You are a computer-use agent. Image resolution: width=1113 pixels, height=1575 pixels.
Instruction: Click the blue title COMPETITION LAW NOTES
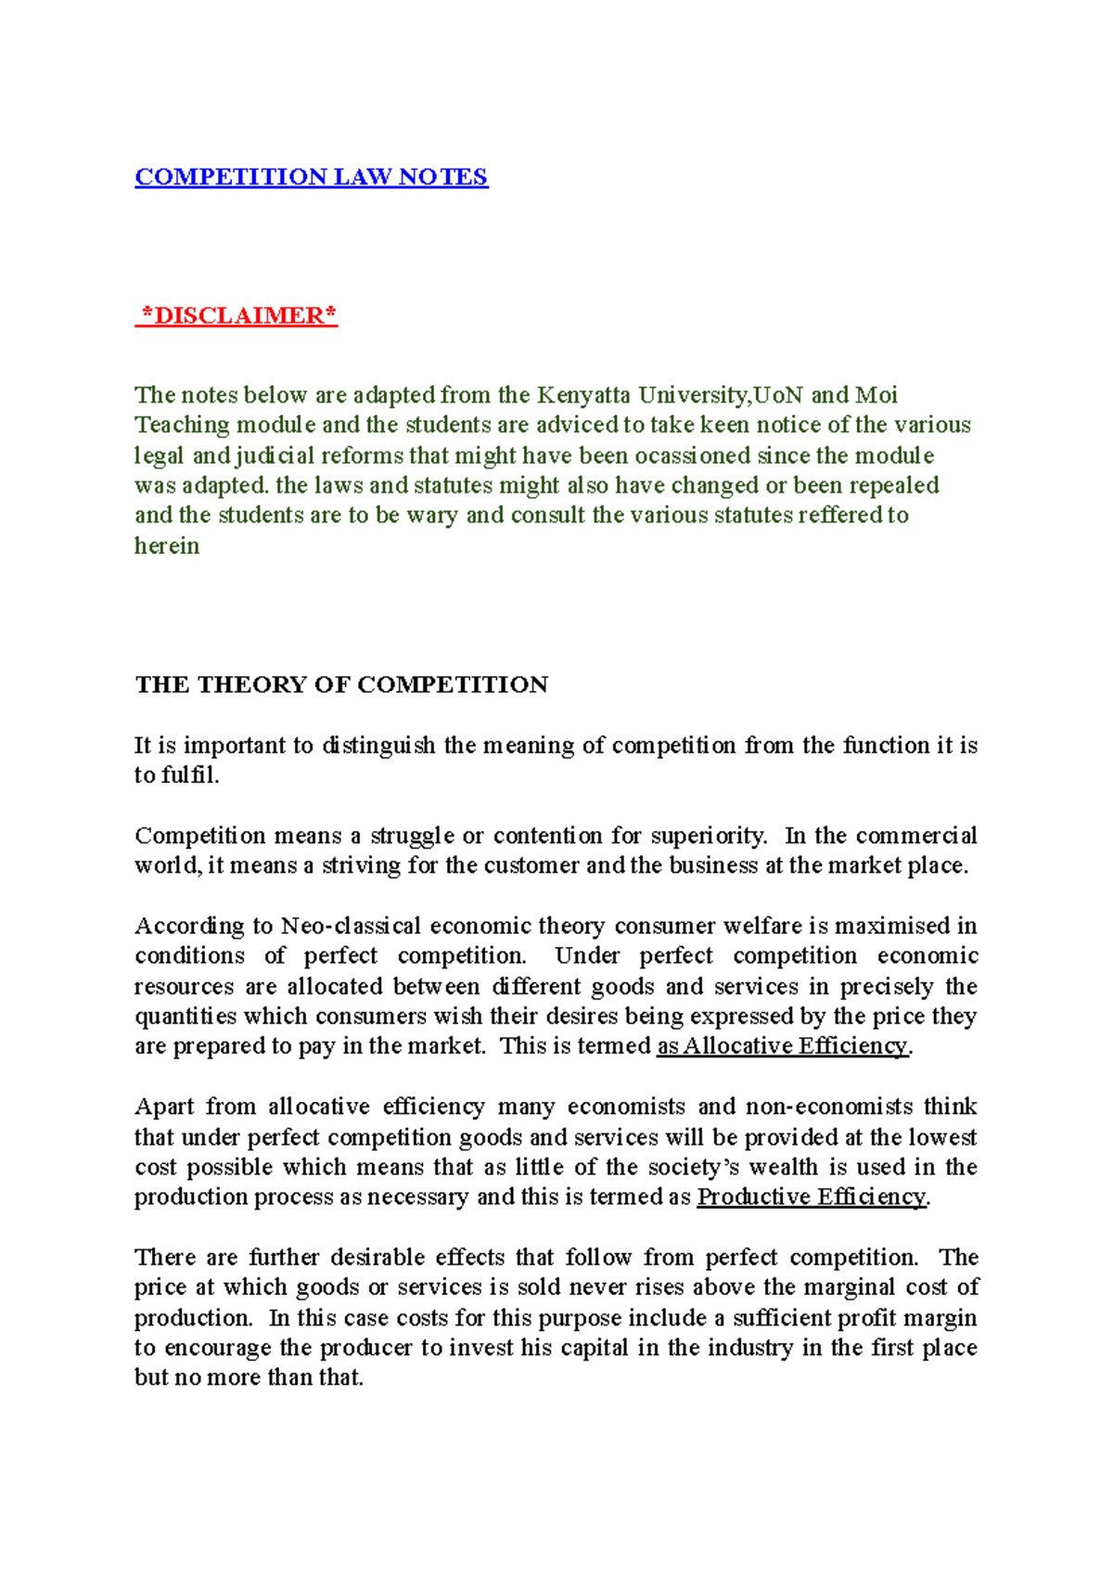tap(311, 176)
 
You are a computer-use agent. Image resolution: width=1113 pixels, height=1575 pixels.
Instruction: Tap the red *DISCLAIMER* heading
tap(237, 315)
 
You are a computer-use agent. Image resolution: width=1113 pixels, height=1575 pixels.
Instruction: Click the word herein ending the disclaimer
tap(167, 545)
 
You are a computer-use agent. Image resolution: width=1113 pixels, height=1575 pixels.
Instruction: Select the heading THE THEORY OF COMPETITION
tap(341, 685)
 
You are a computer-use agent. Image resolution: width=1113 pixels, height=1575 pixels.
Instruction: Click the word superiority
tap(709, 836)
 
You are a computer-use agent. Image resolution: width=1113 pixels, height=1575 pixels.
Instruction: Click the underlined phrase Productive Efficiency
tap(812, 1197)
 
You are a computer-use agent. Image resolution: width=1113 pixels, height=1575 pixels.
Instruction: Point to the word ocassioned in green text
tap(692, 455)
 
